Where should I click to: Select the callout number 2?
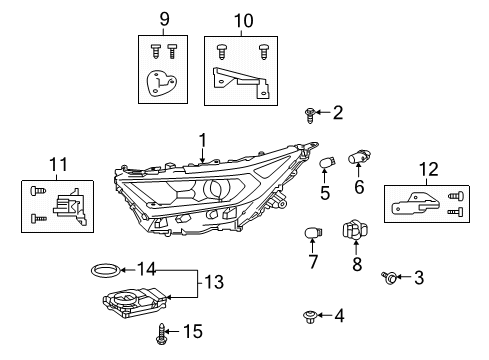click(x=337, y=113)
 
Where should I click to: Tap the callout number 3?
click(x=419, y=277)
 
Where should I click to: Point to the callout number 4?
click(x=339, y=316)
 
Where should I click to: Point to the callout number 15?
click(x=195, y=331)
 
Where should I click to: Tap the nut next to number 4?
click(x=308, y=318)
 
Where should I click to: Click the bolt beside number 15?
click(x=160, y=333)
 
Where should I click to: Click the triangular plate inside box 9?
click(x=160, y=84)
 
